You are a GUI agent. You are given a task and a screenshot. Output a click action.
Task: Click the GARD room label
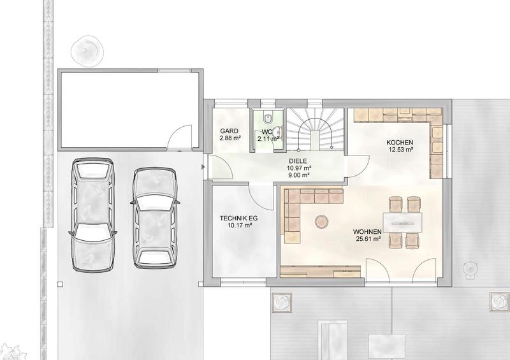coord(229,131)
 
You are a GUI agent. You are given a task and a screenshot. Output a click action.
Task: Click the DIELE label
coord(298,161)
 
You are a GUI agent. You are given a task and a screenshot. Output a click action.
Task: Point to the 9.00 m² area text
coord(298,175)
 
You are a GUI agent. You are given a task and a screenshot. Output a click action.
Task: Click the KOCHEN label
coord(400,143)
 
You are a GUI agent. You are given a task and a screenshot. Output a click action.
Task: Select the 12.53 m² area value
coord(401,150)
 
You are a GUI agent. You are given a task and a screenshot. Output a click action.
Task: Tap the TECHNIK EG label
coord(238,218)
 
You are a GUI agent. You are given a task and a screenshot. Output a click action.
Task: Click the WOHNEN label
coord(367,232)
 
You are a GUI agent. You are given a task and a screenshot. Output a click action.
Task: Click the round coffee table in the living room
coord(321,222)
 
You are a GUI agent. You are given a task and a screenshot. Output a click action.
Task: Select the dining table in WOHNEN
coord(402,223)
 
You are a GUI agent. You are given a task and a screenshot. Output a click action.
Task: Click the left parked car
coord(92,214)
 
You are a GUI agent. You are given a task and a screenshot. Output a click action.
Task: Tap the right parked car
coord(155,217)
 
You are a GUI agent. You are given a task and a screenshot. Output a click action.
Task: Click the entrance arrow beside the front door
coord(203,167)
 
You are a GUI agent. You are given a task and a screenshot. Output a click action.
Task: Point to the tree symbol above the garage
coord(87,50)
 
